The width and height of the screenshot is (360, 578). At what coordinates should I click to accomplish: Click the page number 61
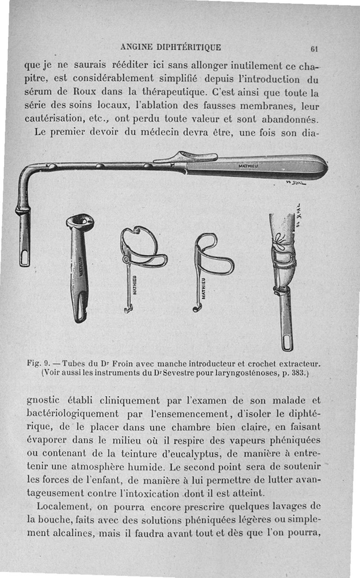[314, 49]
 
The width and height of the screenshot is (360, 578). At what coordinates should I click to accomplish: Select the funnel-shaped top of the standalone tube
[80, 221]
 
